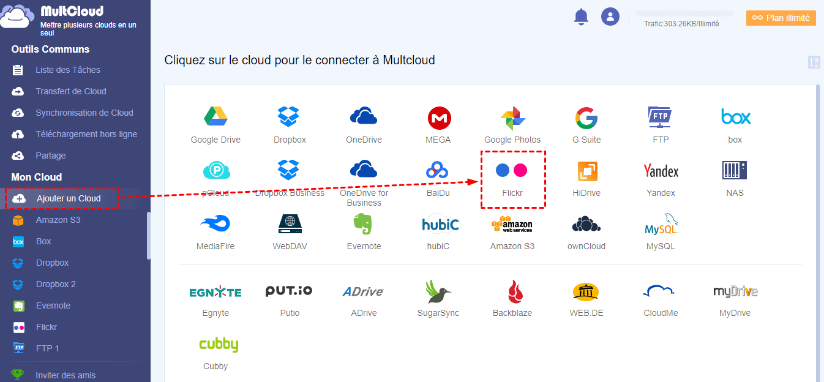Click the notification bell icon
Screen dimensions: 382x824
[580, 17]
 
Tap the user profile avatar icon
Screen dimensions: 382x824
[610, 17]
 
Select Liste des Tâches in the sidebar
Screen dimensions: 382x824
[67, 70]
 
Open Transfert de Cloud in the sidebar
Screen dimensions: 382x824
[70, 91]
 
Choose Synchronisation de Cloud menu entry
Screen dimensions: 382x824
[84, 113]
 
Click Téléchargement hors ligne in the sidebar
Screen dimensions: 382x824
[86, 134]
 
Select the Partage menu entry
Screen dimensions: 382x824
[50, 155]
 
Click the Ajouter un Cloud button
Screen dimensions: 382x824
[68, 198]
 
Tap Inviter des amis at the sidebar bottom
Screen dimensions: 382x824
[66, 375]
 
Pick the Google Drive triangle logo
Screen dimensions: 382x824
[215, 116]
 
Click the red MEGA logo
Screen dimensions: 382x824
[438, 117]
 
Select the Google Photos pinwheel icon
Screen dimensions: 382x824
[512, 118]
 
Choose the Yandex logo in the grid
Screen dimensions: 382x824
[661, 171]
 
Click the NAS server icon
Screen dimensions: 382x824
[735, 170]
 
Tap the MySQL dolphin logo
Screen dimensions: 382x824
[661, 225]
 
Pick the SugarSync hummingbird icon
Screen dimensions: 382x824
[438, 291]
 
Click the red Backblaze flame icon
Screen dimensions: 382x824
[512, 291]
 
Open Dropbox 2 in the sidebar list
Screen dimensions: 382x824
[56, 284]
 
